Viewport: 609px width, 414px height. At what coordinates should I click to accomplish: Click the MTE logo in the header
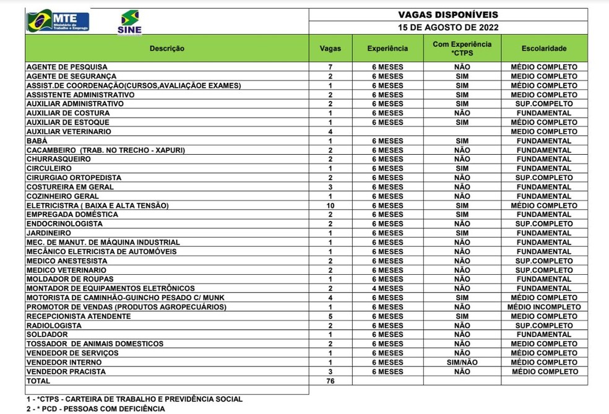pyautogui.click(x=58, y=21)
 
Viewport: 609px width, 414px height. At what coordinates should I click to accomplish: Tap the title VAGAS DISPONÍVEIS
pyautogui.click(x=447, y=15)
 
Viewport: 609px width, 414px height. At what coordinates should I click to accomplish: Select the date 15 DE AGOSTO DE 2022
pyautogui.click(x=447, y=27)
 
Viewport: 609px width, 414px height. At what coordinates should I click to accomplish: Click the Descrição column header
pyautogui.click(x=166, y=48)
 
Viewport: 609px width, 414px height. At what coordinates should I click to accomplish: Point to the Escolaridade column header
pyautogui.click(x=543, y=48)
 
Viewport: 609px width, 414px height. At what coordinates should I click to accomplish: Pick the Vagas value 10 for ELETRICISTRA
pyautogui.click(x=330, y=205)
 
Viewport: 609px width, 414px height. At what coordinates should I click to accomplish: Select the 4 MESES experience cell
pyautogui.click(x=387, y=288)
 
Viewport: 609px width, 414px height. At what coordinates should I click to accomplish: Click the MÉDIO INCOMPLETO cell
pyautogui.click(x=543, y=307)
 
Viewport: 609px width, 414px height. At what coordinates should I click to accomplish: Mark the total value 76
pyautogui.click(x=330, y=381)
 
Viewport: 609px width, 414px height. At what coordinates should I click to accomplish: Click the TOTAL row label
pyautogui.click(x=38, y=381)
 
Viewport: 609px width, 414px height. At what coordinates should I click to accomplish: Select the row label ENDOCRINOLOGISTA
pyautogui.click(x=64, y=224)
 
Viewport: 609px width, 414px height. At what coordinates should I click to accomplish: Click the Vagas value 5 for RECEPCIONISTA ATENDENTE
pyautogui.click(x=330, y=316)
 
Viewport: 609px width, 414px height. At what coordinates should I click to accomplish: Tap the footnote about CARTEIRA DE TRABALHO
pyautogui.click(x=134, y=399)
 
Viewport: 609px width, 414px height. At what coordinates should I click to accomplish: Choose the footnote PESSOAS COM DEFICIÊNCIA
pyautogui.click(x=95, y=409)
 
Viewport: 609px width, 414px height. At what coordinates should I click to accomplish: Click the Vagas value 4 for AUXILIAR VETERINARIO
pyautogui.click(x=330, y=132)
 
